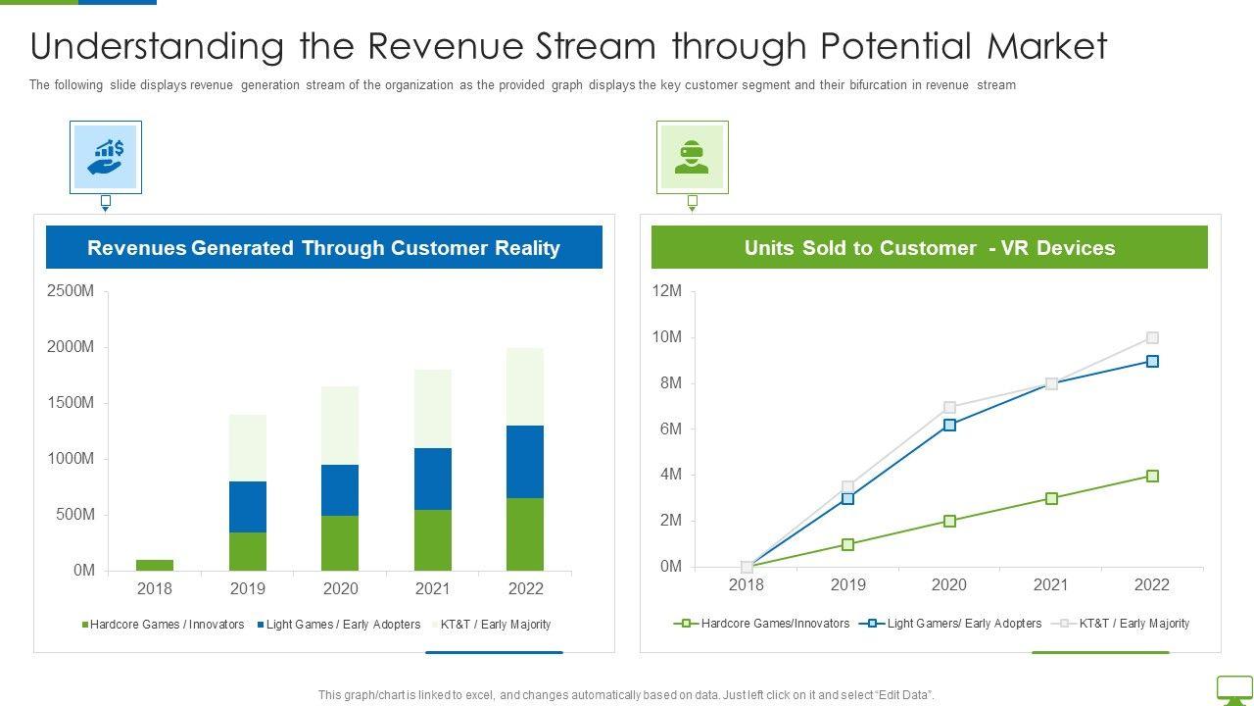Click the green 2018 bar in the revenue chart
(x=154, y=565)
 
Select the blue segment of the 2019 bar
(x=247, y=506)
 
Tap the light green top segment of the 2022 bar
(x=525, y=386)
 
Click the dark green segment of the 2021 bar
(x=432, y=539)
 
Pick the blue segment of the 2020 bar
(x=340, y=489)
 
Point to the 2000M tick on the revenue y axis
(x=70, y=347)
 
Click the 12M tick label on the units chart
(x=666, y=291)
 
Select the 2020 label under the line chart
(x=948, y=585)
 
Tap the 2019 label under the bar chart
(x=247, y=589)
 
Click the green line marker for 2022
(x=1152, y=476)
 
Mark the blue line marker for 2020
(x=949, y=425)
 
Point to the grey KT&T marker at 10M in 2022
(x=1152, y=337)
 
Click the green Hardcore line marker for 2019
(x=847, y=544)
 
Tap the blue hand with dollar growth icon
(x=106, y=157)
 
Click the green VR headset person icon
(x=692, y=157)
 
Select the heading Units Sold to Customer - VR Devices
(x=929, y=248)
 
